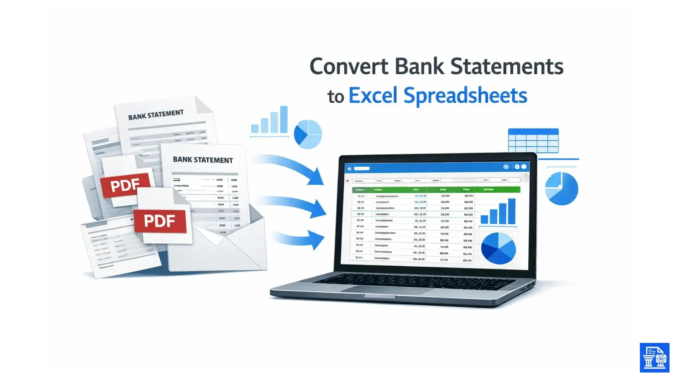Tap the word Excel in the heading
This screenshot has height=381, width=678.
point(373,96)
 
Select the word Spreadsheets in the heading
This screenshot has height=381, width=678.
point(465,96)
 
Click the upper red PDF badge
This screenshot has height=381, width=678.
point(125,185)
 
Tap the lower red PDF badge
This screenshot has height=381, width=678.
point(160,221)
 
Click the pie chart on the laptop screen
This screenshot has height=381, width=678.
point(498,248)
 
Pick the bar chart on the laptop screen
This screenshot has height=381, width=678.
point(498,212)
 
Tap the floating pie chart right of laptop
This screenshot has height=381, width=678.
point(561,188)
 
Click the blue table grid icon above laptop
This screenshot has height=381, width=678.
point(533,140)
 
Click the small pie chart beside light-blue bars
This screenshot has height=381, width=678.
point(308,134)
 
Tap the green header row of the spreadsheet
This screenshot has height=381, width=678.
point(436,190)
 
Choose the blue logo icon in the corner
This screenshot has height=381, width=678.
point(654,357)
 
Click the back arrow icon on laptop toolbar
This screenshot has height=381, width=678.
point(350,169)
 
